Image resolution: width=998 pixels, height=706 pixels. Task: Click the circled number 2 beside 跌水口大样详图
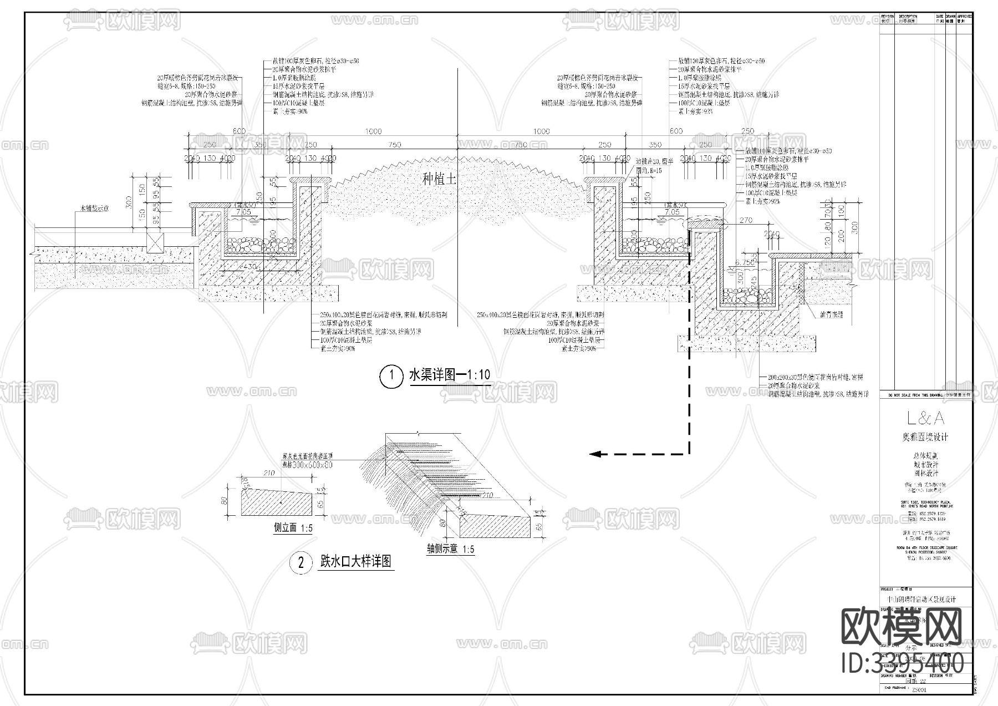(301, 563)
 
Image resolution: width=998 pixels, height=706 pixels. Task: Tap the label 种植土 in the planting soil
(439, 179)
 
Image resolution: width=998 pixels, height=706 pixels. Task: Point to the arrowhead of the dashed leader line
(594, 454)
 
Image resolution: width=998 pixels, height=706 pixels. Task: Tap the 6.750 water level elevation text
(744, 262)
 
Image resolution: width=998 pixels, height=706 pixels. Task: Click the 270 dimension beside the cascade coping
(746, 220)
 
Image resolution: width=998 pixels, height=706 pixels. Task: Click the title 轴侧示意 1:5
(450, 550)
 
